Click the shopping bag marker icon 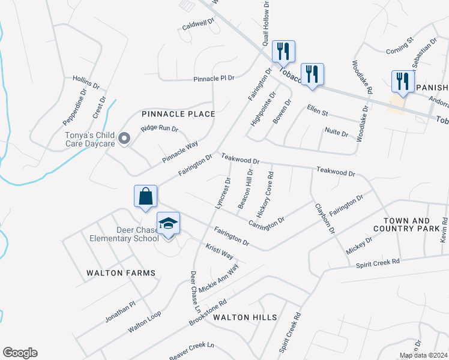click(x=145, y=196)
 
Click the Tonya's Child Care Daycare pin click(x=124, y=139)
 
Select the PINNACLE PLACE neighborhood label click(x=178, y=113)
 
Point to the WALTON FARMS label click(x=121, y=273)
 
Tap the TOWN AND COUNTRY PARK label click(x=410, y=225)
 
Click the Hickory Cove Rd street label click(x=265, y=195)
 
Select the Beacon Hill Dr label click(x=246, y=188)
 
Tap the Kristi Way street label click(x=220, y=251)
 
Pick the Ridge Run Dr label click(x=160, y=128)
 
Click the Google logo click(x=20, y=353)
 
